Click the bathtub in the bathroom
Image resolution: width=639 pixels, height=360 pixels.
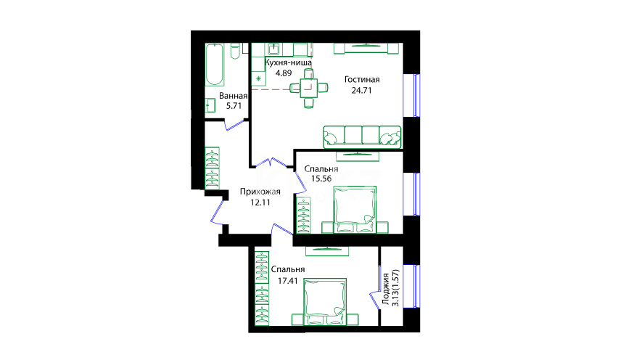click(x=215, y=65)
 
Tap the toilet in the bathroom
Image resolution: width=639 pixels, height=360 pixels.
click(x=235, y=52)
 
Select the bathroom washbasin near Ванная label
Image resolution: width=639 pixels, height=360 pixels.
click(x=210, y=105)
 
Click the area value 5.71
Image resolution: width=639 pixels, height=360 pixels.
click(x=234, y=105)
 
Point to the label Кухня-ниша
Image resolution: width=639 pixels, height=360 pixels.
click(x=288, y=63)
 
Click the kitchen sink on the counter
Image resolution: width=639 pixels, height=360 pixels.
click(x=273, y=49)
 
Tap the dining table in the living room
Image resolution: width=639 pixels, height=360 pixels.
click(x=309, y=88)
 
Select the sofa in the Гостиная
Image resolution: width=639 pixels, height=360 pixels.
click(x=362, y=137)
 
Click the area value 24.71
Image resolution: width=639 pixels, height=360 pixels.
click(x=361, y=91)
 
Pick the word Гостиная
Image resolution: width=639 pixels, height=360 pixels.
click(x=362, y=80)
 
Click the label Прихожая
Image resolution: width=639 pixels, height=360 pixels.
click(x=260, y=192)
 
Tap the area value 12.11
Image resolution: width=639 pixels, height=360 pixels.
click(x=260, y=202)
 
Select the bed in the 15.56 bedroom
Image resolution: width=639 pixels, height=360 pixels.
click(x=355, y=210)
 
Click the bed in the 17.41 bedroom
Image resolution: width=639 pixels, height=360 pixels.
click(x=325, y=302)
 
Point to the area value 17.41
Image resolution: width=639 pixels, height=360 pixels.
click(x=288, y=281)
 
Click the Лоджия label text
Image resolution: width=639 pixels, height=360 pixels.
click(x=386, y=289)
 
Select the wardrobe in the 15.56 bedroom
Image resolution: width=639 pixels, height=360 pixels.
click(x=304, y=215)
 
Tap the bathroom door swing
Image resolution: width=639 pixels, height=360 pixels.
click(x=236, y=125)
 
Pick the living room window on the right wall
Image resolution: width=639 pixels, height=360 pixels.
click(x=411, y=95)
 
